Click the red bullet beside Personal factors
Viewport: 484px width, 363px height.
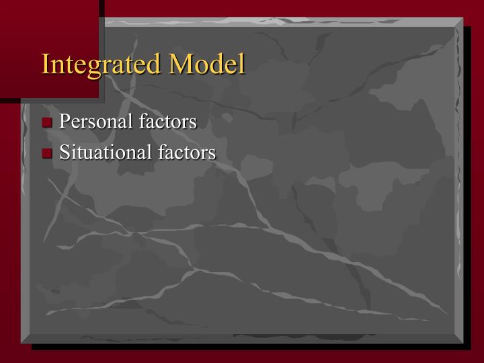pos(47,122)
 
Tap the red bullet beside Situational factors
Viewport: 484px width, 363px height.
pos(47,153)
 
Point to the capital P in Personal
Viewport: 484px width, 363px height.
pos(65,122)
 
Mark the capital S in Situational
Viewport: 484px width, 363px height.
pos(65,153)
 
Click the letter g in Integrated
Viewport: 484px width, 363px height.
pos(95,67)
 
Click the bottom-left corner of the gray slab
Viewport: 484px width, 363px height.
pos(22,344)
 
